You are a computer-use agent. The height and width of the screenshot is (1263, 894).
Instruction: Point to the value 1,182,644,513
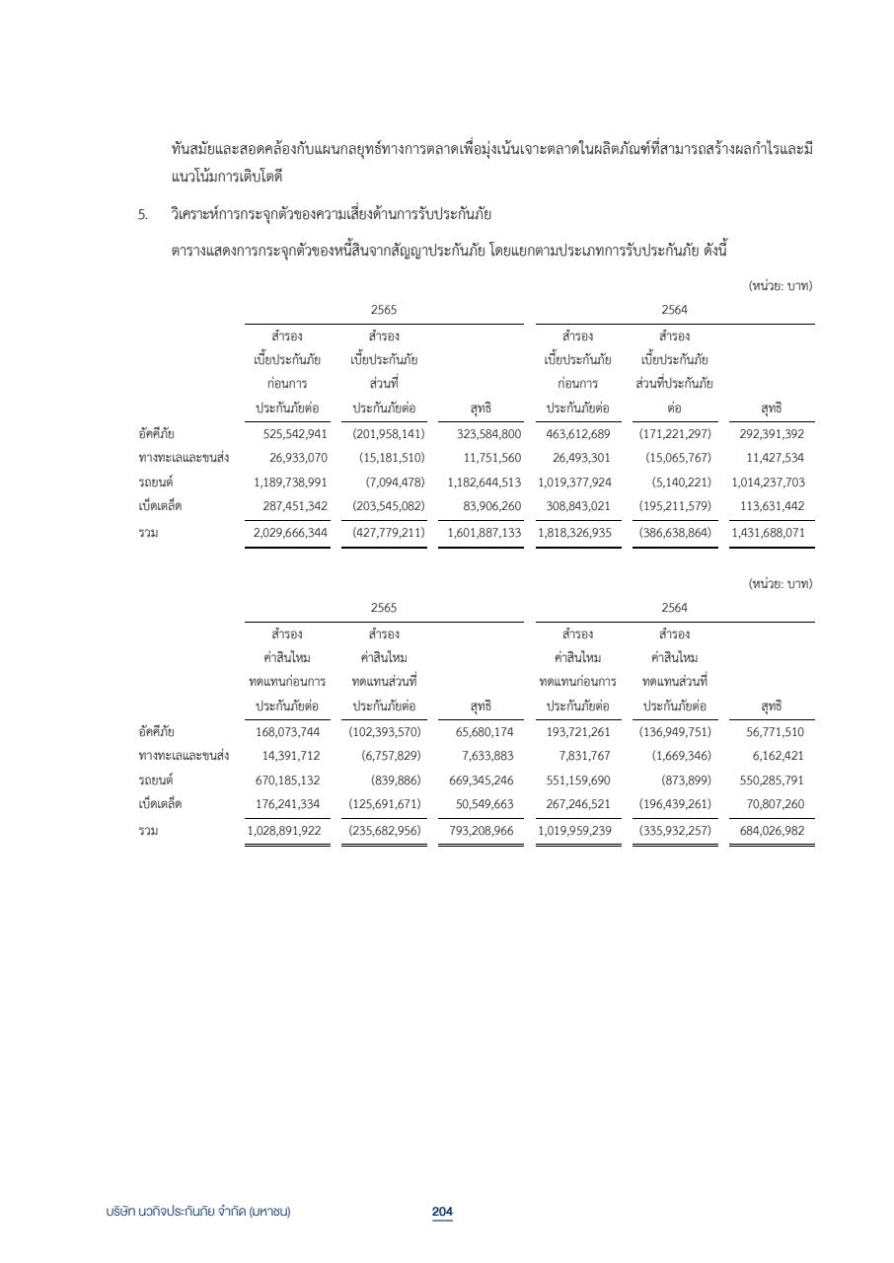[x=478, y=483]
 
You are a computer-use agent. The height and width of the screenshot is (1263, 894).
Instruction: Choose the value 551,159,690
[x=578, y=780]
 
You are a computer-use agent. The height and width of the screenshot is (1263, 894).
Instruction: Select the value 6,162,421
[x=775, y=755]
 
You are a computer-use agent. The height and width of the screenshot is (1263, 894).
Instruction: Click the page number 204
[x=442, y=1211]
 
